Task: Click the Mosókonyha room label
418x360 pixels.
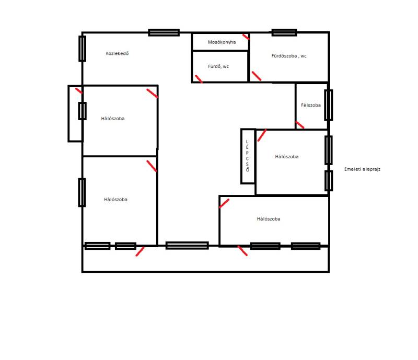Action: click(222, 42)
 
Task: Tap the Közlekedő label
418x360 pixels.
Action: click(117, 53)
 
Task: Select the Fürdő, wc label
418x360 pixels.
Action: click(218, 66)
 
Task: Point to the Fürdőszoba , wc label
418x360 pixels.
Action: click(289, 56)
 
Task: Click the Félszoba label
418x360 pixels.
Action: click(311, 106)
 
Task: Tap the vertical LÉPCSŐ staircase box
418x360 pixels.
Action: click(248, 156)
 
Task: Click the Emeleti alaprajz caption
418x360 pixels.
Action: click(362, 169)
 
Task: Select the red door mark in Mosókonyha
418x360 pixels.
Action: click(246, 37)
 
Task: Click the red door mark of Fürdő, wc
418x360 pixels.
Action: click(199, 79)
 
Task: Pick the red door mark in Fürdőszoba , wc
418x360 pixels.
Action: click(257, 76)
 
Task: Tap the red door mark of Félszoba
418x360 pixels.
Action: click(299, 125)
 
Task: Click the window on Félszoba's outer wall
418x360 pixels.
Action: click(329, 105)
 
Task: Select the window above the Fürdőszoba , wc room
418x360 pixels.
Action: click(284, 32)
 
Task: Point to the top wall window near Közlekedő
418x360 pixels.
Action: click(164, 32)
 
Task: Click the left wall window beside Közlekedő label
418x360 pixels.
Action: click(82, 49)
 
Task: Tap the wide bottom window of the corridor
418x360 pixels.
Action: click(187, 246)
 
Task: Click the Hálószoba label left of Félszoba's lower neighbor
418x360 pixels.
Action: click(286, 157)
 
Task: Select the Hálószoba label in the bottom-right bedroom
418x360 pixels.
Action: click(269, 219)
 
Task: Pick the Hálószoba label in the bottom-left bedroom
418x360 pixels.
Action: click(115, 200)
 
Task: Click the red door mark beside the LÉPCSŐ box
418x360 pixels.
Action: click(262, 135)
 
